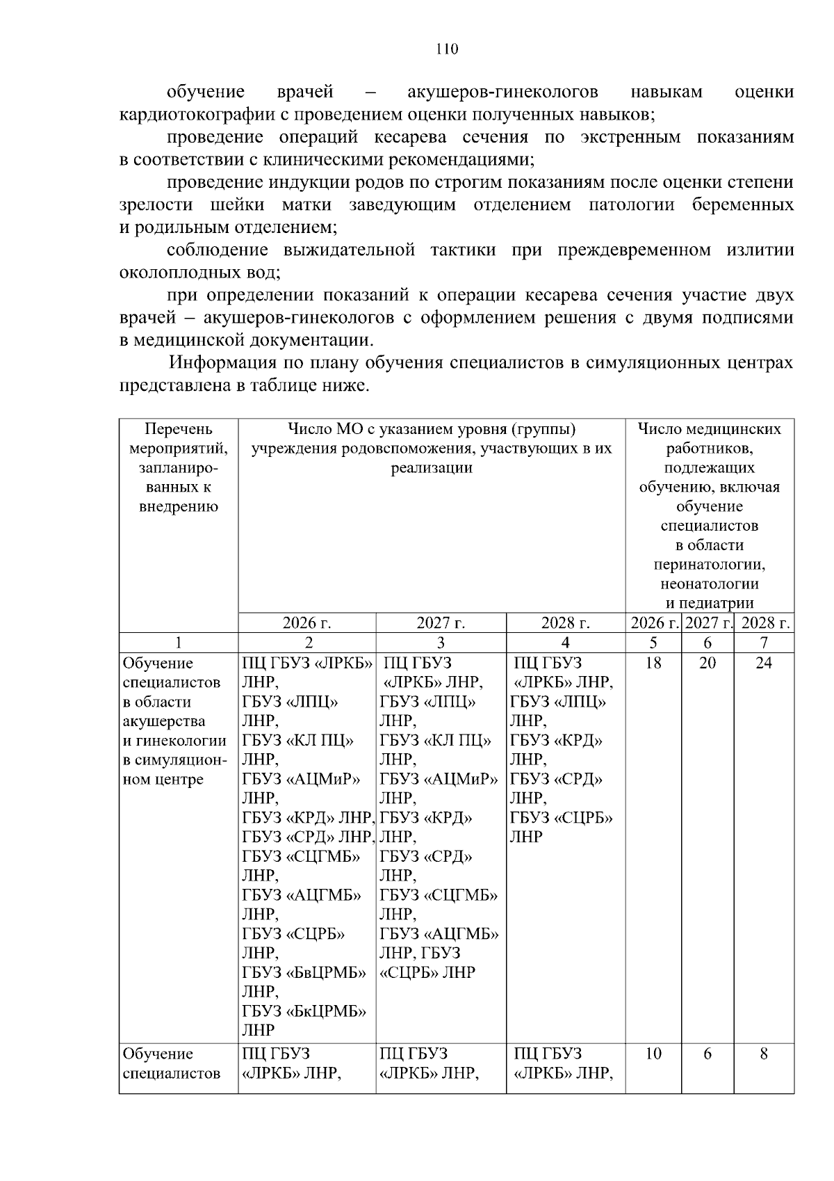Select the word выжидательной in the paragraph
(x=349, y=250)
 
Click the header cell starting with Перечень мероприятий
(x=178, y=467)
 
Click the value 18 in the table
(x=653, y=663)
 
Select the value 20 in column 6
(x=707, y=663)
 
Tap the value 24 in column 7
(x=763, y=663)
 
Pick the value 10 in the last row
(x=653, y=1054)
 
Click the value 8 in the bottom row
(x=763, y=1054)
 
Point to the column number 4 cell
(x=565, y=643)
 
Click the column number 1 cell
(x=178, y=643)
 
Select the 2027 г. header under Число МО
(x=441, y=623)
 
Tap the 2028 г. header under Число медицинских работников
(x=765, y=623)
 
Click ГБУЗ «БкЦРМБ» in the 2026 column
(x=304, y=1011)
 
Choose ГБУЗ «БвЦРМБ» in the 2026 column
(x=304, y=972)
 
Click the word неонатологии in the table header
(x=709, y=584)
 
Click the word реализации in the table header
(x=431, y=468)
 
